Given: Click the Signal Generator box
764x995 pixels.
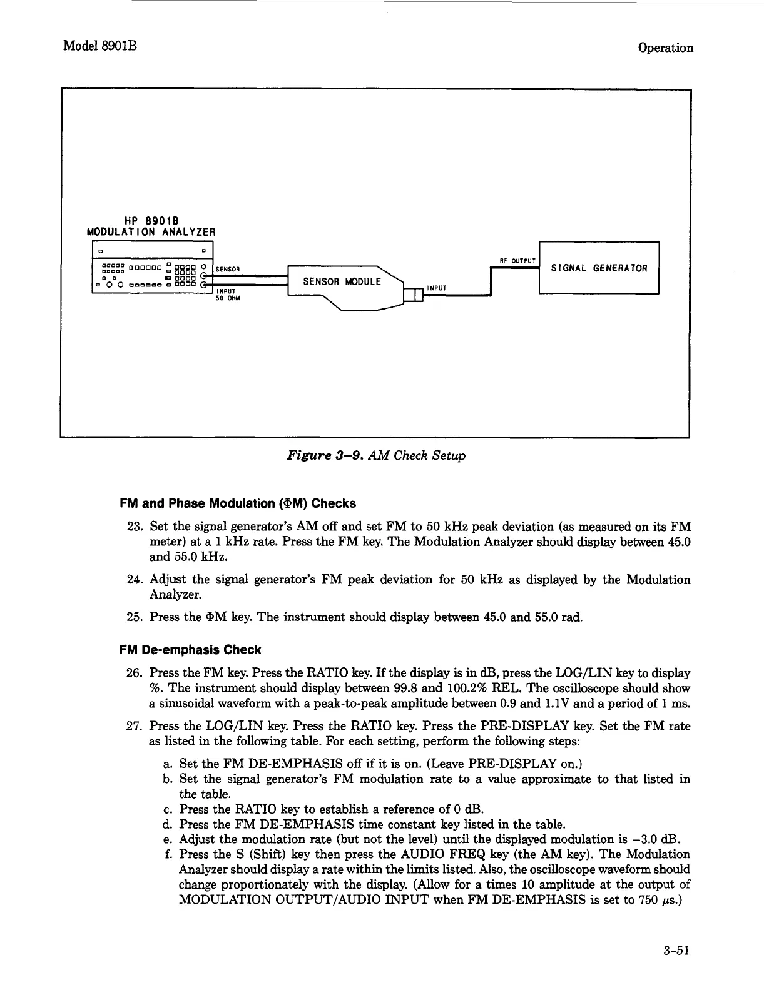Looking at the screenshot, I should click(599, 268).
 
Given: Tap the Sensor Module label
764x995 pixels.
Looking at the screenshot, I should click(342, 281).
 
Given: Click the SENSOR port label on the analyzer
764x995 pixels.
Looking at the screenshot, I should click(228, 270).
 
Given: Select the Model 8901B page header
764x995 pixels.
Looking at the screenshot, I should click(100, 47).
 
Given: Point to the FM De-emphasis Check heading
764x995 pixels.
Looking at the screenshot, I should click(190, 650).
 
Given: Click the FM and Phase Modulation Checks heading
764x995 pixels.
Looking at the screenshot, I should click(237, 503).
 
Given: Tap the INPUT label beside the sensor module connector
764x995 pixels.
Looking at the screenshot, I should click(436, 288).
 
